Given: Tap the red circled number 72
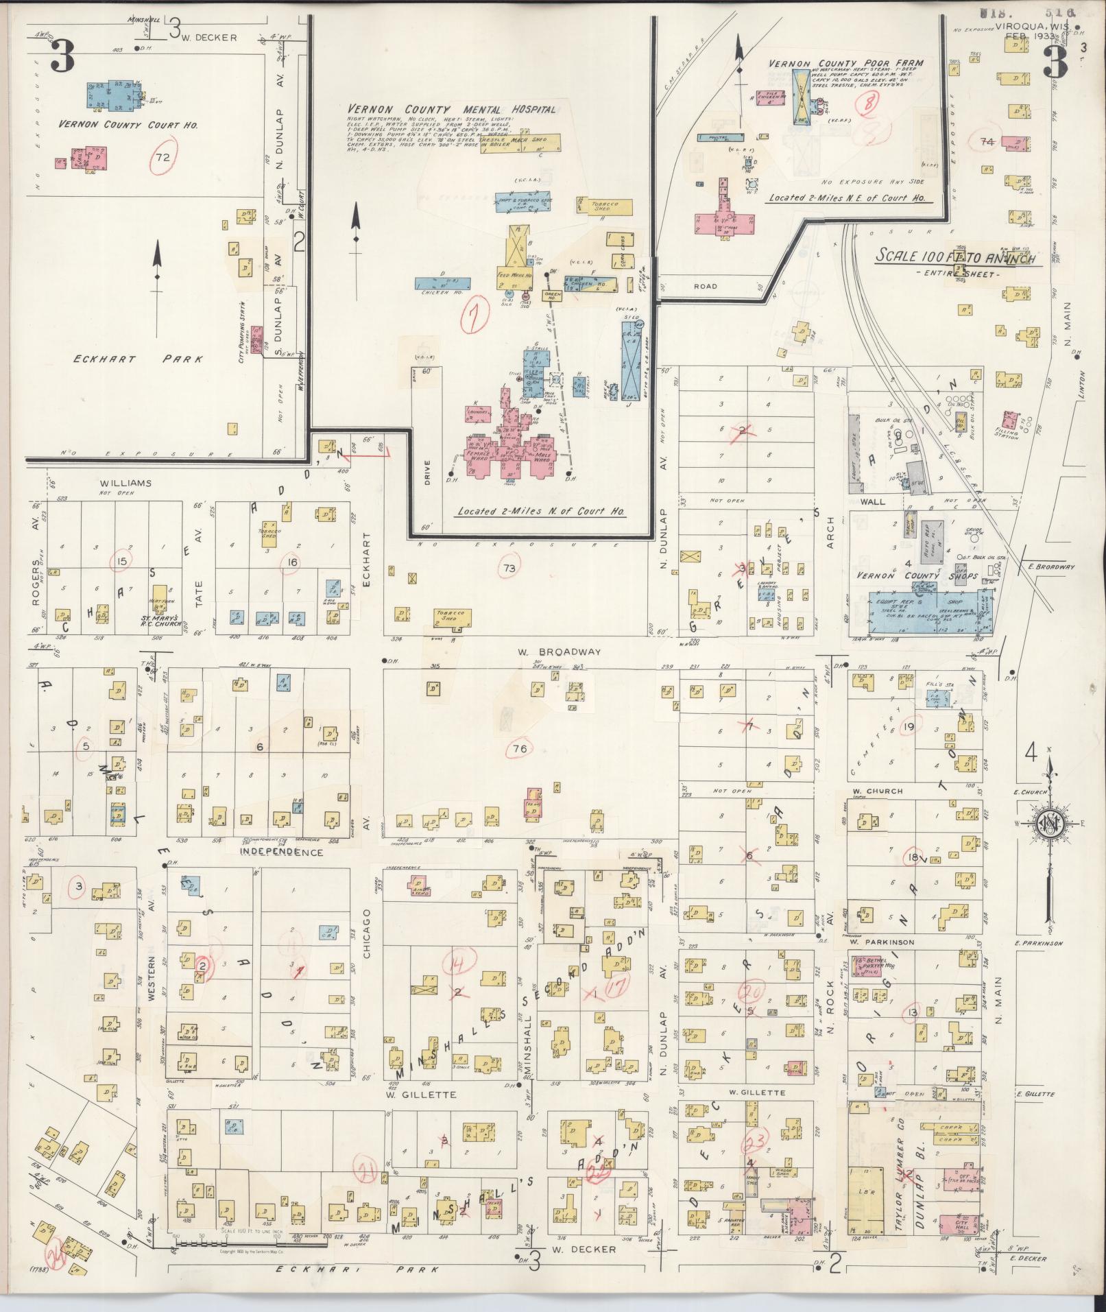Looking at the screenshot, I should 163,157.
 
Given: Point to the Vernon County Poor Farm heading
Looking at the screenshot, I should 845,63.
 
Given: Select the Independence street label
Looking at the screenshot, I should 281,852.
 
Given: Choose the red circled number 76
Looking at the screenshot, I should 520,748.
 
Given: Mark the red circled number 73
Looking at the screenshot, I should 508,568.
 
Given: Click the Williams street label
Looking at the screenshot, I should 125,483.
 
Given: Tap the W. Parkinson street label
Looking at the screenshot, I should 881,942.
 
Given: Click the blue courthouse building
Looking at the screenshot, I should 112,95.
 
